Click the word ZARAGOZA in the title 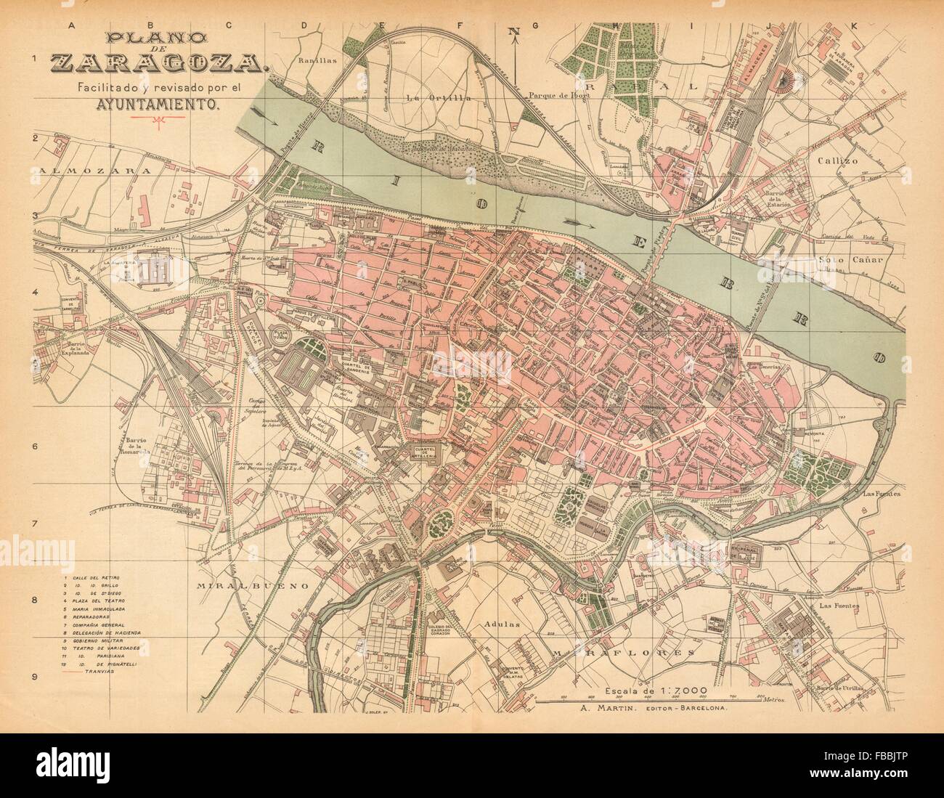(158, 65)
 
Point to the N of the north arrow (514, 30)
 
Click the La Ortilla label (428, 97)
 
